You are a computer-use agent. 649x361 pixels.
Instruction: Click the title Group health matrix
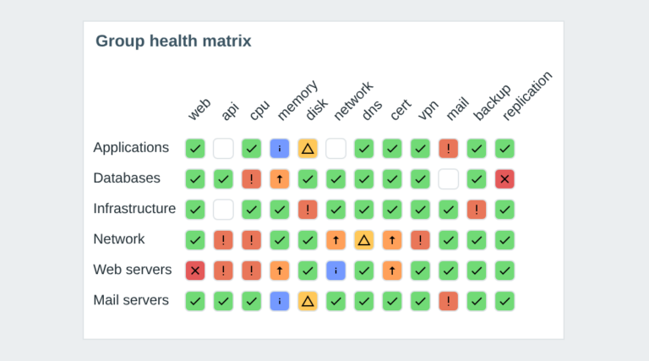click(x=173, y=41)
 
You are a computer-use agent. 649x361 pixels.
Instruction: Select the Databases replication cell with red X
click(x=504, y=179)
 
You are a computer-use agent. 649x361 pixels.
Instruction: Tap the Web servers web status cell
click(x=195, y=271)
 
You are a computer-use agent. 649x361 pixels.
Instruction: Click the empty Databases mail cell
click(x=448, y=179)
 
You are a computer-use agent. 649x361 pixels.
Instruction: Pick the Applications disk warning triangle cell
click(x=308, y=149)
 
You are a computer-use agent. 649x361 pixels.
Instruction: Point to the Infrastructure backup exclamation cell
click(x=477, y=210)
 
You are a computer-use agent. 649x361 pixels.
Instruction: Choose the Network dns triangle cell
click(x=364, y=240)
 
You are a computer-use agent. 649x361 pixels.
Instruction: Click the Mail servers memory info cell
click(x=280, y=301)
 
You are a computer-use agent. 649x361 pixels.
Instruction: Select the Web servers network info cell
click(x=335, y=271)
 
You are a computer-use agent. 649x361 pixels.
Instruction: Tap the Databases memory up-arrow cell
click(x=280, y=179)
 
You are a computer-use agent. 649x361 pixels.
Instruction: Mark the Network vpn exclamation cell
click(x=420, y=240)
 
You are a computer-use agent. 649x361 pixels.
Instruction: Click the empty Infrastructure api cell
click(x=223, y=210)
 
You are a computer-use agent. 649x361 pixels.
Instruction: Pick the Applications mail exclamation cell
click(x=448, y=149)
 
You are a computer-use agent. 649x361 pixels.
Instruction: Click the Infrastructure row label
click(x=134, y=208)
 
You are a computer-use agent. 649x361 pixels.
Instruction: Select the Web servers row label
click(x=133, y=270)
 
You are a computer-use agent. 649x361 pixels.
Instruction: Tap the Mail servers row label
click(x=131, y=300)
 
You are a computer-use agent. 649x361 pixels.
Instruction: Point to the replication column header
click(x=527, y=96)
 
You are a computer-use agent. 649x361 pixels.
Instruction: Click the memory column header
click(x=297, y=101)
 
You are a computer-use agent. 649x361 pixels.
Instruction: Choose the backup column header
click(x=492, y=102)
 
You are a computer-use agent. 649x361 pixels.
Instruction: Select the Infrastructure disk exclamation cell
click(x=308, y=210)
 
